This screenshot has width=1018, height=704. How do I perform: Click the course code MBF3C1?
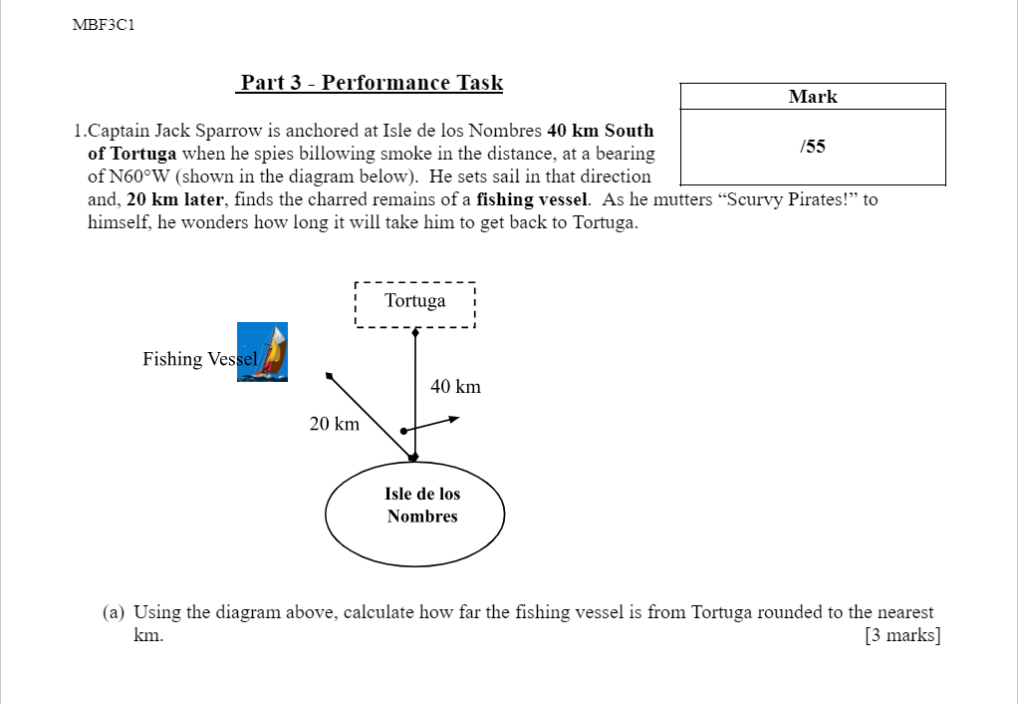104,25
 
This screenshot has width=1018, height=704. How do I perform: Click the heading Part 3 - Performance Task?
371,83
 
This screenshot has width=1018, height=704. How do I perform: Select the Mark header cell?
813,97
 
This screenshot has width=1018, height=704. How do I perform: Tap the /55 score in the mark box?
813,147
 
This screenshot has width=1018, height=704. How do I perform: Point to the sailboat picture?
263,352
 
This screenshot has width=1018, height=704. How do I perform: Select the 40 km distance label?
455,386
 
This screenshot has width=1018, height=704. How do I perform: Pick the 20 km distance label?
335,424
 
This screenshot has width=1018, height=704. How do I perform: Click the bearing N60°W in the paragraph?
128,176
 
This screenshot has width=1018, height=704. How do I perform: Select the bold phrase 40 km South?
601,131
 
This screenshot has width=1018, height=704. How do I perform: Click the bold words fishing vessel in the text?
533,199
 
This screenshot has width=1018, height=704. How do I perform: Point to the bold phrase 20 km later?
174,199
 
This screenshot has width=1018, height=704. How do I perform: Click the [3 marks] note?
902,635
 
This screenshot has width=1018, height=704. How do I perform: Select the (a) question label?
114,612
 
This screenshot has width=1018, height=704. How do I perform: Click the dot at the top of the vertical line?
415,334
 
